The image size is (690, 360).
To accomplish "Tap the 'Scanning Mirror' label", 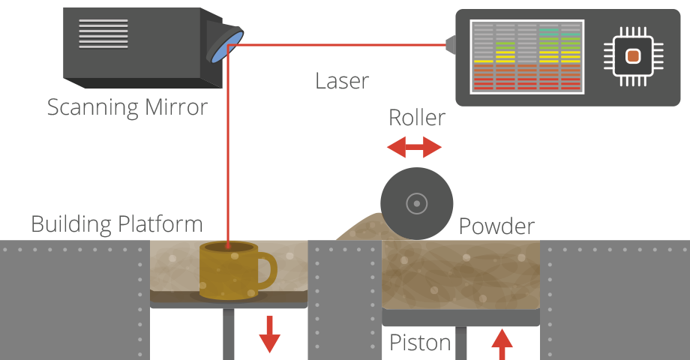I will (127, 107).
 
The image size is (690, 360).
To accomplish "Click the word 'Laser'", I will (342, 80).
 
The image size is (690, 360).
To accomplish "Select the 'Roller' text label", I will (416, 118).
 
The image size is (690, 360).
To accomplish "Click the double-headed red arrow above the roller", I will (415, 148).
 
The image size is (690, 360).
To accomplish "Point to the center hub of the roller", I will (416, 202).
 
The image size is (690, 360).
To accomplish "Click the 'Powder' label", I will (496, 226).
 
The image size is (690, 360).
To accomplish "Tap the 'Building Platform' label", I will (117, 223).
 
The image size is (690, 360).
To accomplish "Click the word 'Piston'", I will (420, 343).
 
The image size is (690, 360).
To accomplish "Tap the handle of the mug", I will (265, 269).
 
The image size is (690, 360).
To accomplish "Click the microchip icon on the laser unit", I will (633, 56).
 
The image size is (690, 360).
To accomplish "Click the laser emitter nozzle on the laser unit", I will (450, 45).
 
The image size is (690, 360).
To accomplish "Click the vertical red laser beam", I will (228, 150).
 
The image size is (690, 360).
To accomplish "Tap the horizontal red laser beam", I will (337, 45).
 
